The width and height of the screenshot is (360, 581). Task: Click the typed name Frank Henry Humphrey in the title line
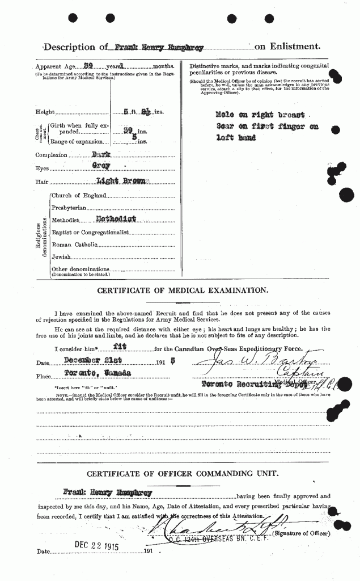(146, 48)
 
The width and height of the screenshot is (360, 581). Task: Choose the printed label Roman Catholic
(74, 244)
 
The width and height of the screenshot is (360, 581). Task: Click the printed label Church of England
(78, 195)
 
